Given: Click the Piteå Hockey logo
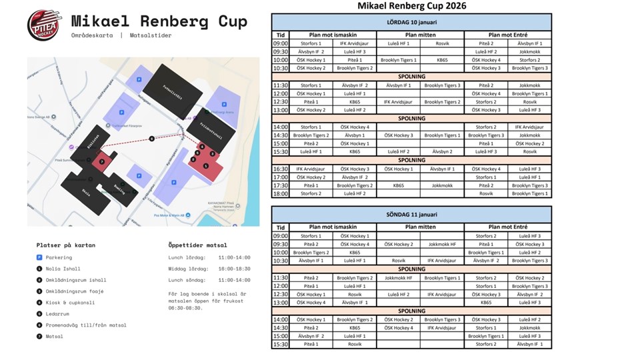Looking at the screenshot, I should coord(43,25).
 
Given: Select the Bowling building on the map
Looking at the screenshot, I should coord(120,189).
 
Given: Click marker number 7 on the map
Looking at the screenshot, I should coord(101,161).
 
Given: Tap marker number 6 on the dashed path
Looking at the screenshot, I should coord(152,139).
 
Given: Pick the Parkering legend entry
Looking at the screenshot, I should coord(59,257).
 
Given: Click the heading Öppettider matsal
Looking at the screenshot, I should coord(197,245).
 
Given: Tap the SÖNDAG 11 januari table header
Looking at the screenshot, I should coord(411,214).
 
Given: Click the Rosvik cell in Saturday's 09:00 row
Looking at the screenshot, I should coord(442,43).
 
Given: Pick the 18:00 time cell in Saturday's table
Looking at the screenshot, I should coord(281,193).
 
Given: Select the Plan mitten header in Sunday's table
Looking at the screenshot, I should coord(420,227).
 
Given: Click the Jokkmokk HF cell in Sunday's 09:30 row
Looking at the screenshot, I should coord(442,244).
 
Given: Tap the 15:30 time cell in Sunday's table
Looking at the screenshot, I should coord(281,344).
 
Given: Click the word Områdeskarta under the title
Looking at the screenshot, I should coord(92,35).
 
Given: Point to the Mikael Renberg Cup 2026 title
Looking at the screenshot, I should coord(411,6).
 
